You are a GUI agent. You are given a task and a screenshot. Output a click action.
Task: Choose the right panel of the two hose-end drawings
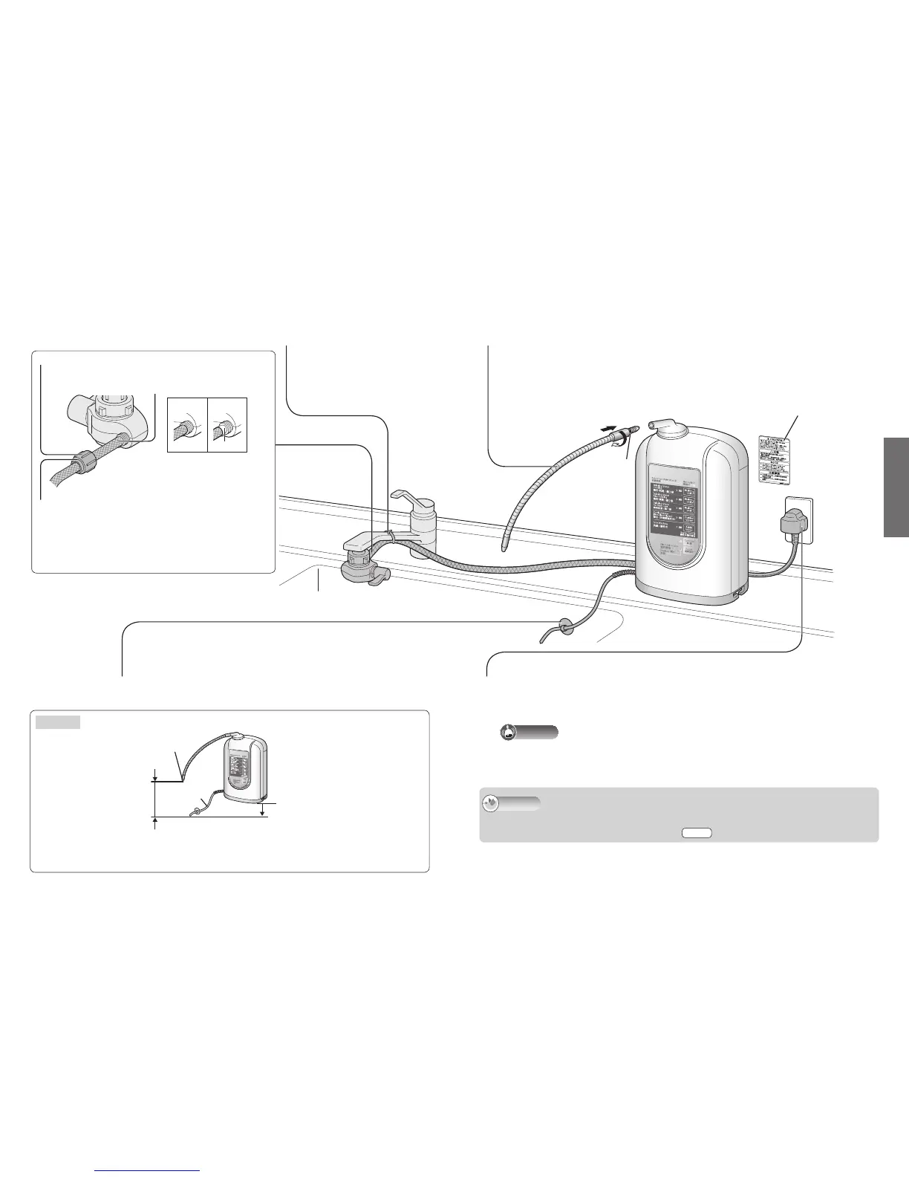[227, 426]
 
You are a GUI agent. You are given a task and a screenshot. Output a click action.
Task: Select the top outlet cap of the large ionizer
[663, 424]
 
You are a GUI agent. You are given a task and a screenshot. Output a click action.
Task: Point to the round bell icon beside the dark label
[508, 732]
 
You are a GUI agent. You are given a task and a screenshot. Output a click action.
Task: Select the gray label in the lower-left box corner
[58, 722]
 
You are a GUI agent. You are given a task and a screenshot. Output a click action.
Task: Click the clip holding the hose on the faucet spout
[390, 533]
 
